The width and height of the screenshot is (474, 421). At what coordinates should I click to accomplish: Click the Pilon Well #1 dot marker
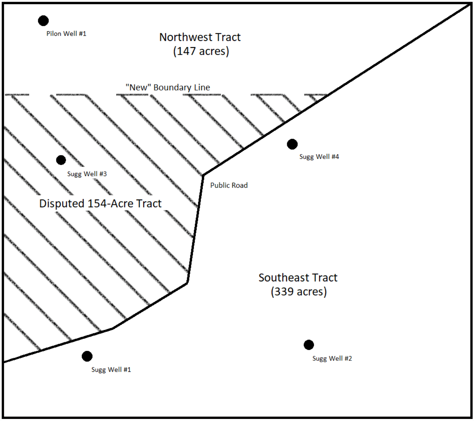[x=43, y=21]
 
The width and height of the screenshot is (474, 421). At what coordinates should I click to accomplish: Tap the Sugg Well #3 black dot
[x=61, y=160]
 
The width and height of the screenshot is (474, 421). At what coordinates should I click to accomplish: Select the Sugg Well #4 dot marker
[x=292, y=144]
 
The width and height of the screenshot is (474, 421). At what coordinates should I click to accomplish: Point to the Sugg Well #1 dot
[x=87, y=356]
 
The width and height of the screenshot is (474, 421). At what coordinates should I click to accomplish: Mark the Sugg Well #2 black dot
[x=309, y=345]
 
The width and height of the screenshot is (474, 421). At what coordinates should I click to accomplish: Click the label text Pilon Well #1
[x=66, y=34]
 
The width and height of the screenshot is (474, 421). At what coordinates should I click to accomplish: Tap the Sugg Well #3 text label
[x=87, y=174]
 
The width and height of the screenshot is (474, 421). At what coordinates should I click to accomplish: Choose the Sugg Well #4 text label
[x=319, y=157]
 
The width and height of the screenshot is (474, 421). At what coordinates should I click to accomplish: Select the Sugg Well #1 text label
[x=111, y=370]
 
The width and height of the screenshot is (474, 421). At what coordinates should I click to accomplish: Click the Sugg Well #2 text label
[x=332, y=358]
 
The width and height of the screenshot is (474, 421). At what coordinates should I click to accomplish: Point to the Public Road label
[x=229, y=185]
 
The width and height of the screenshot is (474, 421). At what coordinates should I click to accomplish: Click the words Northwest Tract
[x=200, y=37]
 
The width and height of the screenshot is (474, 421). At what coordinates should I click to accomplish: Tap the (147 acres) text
[x=201, y=51]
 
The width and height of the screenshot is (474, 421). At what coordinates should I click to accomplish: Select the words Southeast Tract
[x=298, y=278]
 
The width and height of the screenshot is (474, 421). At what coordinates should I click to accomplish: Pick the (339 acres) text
[x=298, y=292]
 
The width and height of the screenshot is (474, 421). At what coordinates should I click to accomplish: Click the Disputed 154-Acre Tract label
[x=100, y=204]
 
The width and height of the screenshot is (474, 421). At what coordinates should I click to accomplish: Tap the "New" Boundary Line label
[x=168, y=87]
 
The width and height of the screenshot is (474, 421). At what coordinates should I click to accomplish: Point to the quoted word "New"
[x=138, y=87]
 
